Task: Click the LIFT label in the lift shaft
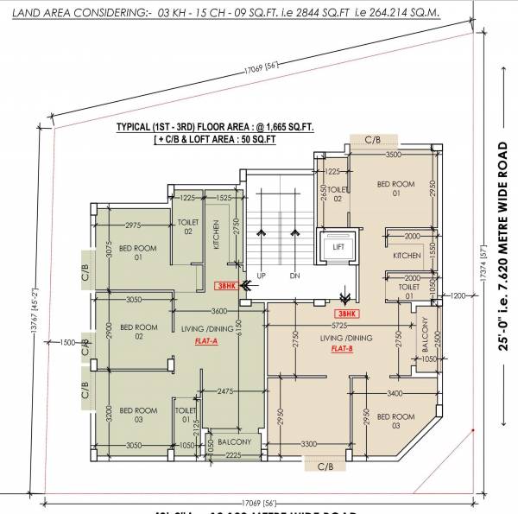coord(336,246)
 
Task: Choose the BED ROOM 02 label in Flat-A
coord(137,330)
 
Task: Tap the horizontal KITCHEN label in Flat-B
coord(407,256)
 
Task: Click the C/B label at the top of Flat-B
coord(373,138)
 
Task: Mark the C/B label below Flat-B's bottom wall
coord(325,466)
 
